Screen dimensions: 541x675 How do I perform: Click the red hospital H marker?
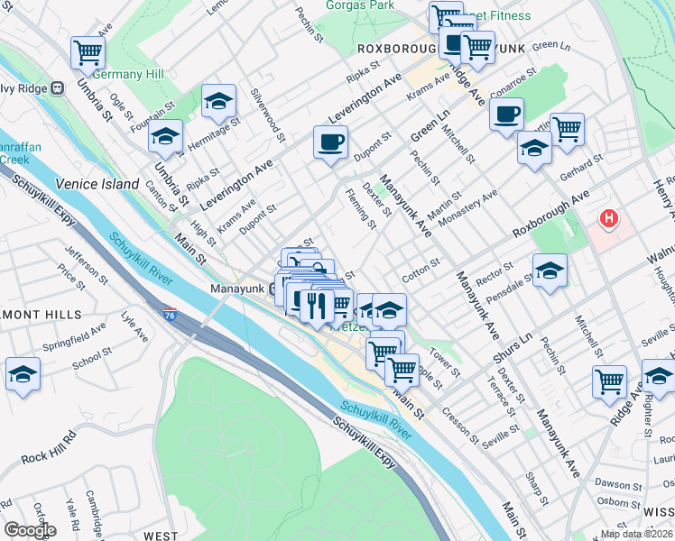(x=610, y=218)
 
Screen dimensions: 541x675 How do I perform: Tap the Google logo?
(x=30, y=530)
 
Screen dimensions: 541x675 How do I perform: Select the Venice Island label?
(x=88, y=183)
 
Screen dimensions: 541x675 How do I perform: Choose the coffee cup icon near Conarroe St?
(x=506, y=115)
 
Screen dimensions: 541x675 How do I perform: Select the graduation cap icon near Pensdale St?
(x=549, y=270)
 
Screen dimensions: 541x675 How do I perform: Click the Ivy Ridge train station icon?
(x=57, y=88)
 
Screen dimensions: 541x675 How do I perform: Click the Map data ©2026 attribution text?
(x=636, y=534)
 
